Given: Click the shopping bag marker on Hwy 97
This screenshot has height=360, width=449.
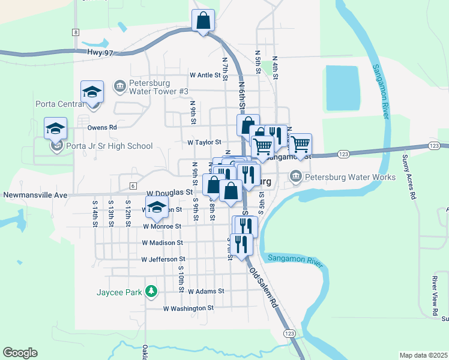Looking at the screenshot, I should click(203, 20).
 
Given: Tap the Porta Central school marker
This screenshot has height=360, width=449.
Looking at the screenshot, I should click(92, 92).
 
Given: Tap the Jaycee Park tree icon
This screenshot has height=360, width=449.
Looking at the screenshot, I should click(152, 292).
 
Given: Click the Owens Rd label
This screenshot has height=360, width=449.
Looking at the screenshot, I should click(101, 127).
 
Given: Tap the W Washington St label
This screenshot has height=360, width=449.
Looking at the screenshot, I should click(188, 308).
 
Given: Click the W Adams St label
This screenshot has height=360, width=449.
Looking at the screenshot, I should click(205, 291).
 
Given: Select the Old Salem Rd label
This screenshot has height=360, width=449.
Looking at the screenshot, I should click(265, 288).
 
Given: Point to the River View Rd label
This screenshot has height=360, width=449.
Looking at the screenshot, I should click(435, 296).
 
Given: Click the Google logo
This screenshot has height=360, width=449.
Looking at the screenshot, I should click(20, 353).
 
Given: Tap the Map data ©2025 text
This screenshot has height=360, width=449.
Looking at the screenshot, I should click(423, 355).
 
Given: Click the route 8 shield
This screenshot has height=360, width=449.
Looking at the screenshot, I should click(76, 32).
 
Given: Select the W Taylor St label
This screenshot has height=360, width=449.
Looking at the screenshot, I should click(204, 143).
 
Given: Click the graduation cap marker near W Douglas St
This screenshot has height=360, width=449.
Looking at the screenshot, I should click(157, 208).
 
